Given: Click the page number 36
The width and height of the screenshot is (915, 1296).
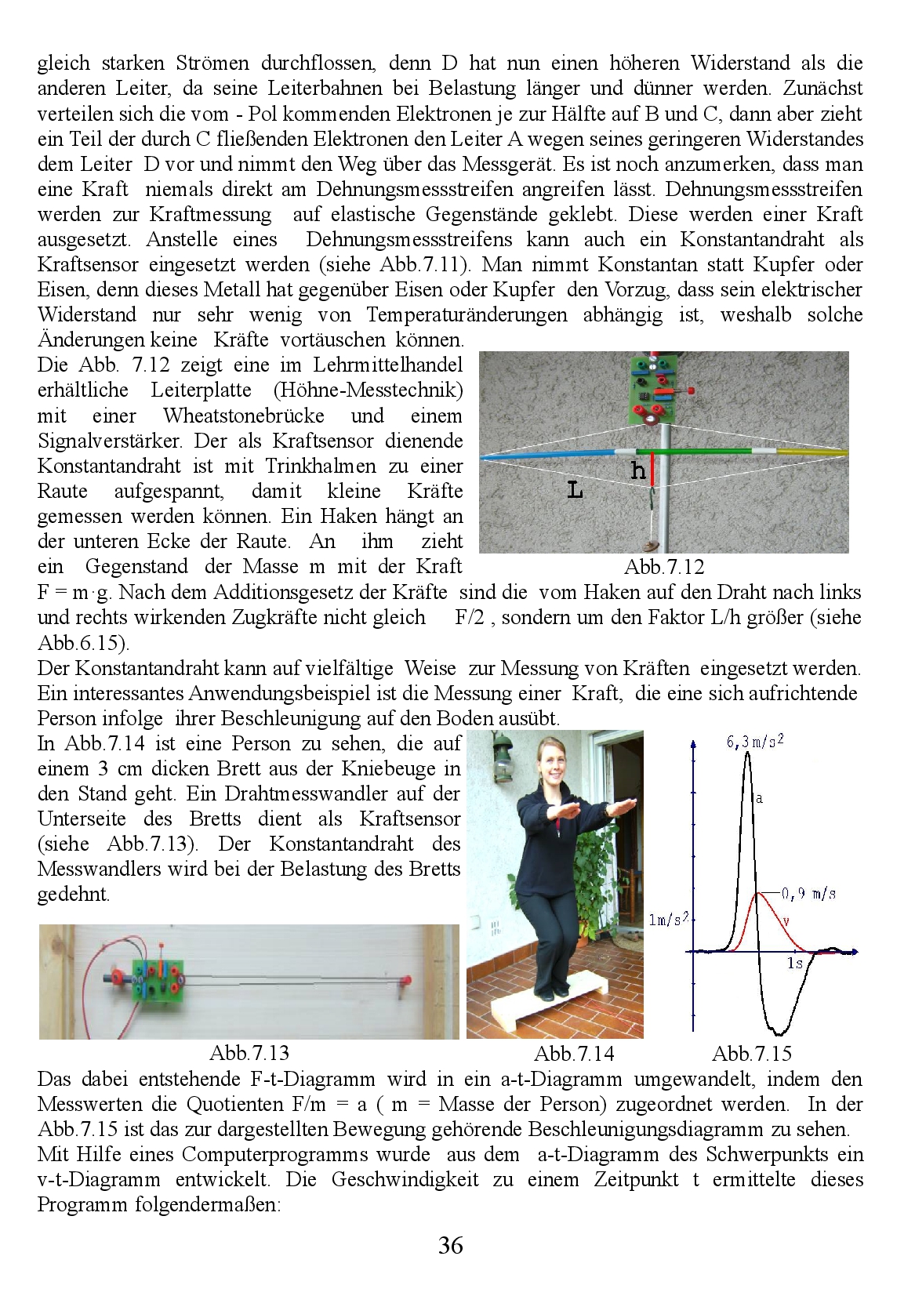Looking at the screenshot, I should [451, 1246].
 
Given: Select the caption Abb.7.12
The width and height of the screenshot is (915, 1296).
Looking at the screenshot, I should [664, 567].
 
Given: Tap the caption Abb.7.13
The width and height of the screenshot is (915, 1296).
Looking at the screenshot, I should [249, 1052].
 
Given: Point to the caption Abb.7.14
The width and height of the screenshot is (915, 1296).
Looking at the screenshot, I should [574, 1054].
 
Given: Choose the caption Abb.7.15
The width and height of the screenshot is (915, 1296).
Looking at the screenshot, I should [752, 1054].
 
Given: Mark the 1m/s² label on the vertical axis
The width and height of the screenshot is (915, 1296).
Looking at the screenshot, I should [668, 920].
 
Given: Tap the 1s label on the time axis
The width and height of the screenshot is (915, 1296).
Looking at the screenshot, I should [795, 963].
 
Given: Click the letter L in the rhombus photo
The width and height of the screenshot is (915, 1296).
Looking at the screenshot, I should [575, 492].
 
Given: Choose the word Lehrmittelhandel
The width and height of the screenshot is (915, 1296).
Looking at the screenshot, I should [387, 365].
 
